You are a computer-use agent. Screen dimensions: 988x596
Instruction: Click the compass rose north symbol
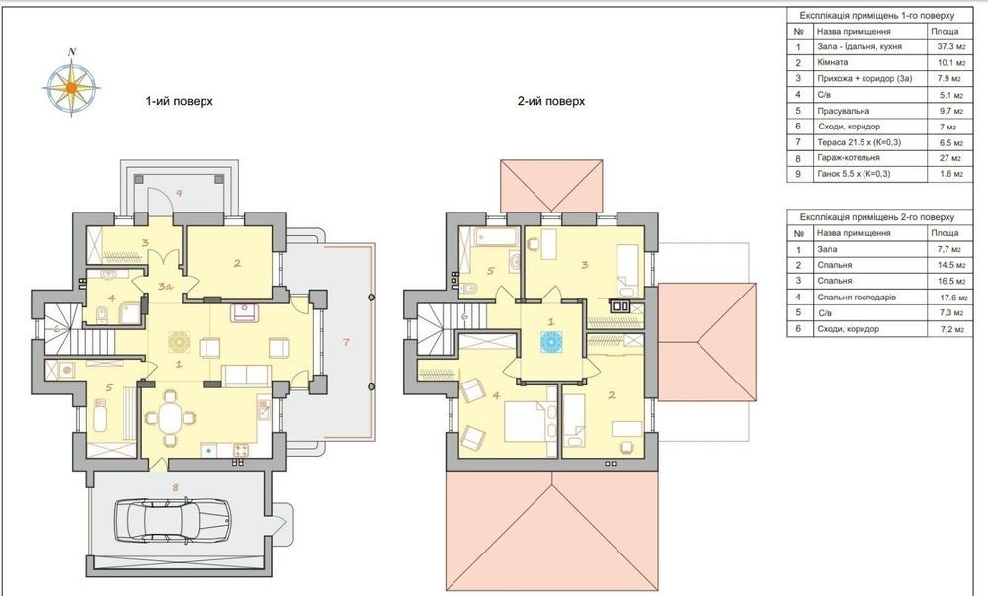click(72, 52)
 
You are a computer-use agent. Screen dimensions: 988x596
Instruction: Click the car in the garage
click(172, 519)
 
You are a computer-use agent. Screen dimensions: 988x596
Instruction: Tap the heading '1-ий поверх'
click(180, 101)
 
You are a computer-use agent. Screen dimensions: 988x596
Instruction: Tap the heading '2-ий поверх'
click(551, 101)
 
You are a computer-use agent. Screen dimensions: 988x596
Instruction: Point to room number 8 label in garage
click(175, 486)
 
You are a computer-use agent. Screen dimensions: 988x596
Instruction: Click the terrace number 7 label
click(345, 341)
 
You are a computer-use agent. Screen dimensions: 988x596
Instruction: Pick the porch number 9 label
click(179, 194)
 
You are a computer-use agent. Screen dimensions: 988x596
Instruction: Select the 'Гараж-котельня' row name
click(848, 157)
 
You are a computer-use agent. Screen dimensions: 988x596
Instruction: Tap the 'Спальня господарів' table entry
click(857, 297)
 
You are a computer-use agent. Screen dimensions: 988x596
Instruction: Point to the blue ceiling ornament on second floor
click(551, 343)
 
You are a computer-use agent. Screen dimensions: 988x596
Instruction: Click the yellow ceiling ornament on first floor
click(179, 341)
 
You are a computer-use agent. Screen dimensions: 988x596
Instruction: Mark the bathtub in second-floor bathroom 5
click(497, 237)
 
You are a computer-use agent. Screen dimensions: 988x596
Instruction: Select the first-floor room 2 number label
click(237, 263)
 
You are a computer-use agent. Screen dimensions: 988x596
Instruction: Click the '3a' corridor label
click(165, 286)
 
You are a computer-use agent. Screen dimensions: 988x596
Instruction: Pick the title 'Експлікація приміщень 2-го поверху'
click(877, 216)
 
